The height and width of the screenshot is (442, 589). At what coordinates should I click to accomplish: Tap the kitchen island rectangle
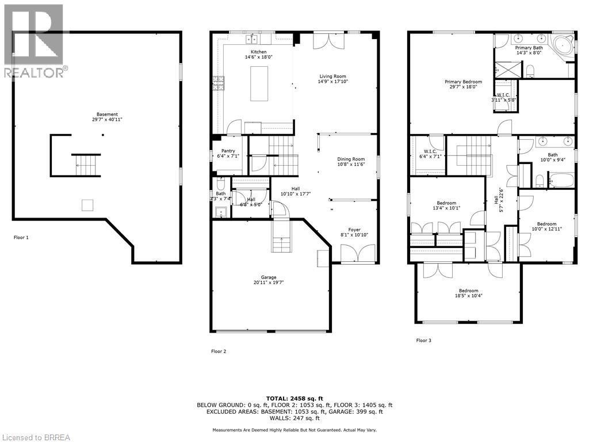pyautogui.click(x=259, y=83)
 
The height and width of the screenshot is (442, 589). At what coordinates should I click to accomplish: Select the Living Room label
pyautogui.click(x=332, y=76)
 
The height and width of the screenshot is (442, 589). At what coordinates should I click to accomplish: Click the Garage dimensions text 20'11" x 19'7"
pyautogui.click(x=268, y=283)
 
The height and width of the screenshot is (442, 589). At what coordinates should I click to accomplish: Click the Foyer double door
pyautogui.click(x=352, y=253)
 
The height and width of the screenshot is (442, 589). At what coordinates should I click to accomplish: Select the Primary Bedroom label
pyautogui.click(x=463, y=82)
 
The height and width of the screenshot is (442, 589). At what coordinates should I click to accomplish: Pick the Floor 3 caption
pyautogui.click(x=423, y=340)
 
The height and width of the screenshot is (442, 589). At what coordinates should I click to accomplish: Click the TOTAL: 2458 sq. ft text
pyautogui.click(x=294, y=398)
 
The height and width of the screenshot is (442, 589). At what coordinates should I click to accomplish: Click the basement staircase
pyautogui.click(x=86, y=165)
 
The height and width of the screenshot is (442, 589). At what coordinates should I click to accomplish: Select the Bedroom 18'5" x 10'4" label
pyautogui.click(x=468, y=291)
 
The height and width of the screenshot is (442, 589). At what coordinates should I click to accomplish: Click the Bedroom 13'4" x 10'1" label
pyautogui.click(x=446, y=203)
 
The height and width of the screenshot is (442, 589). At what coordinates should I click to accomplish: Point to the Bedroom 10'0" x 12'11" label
pyautogui.click(x=546, y=224)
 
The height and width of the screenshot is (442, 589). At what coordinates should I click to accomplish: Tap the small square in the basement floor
pyautogui.click(x=87, y=205)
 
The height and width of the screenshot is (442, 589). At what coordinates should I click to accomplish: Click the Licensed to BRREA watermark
pyautogui.click(x=36, y=437)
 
